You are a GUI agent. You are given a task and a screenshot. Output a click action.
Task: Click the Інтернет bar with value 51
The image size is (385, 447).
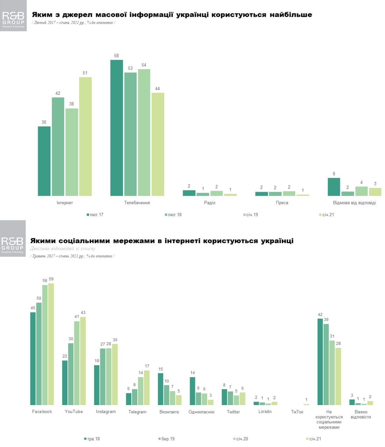point(85,136)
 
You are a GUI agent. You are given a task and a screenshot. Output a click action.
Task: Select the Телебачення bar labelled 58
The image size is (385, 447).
point(117,128)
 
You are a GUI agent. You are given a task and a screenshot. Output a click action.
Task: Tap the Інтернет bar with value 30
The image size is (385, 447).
point(44,161)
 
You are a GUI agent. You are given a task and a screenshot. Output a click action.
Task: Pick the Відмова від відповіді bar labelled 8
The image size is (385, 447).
point(334,187)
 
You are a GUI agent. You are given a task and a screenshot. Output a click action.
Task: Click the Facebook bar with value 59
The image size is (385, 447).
point(51,344)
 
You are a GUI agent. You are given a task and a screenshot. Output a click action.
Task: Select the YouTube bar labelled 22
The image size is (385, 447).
point(65,382)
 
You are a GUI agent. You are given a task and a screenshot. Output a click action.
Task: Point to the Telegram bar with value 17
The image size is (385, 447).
point(147,388)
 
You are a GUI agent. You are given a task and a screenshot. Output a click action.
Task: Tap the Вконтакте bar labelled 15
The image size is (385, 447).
point(161,389)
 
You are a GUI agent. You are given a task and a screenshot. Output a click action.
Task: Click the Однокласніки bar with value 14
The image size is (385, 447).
point(192,391)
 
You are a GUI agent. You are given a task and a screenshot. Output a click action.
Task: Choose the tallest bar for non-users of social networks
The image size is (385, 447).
point(320,362)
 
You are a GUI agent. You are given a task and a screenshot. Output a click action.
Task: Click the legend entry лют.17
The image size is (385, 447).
point(95,215)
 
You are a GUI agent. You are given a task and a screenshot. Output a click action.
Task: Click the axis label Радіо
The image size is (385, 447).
point(210,203)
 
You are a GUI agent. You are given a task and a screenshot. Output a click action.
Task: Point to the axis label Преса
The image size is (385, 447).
point(282,203)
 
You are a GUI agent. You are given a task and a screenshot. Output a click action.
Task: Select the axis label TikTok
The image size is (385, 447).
point(297,412)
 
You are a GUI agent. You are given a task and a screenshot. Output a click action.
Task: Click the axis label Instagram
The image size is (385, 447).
point(106,412)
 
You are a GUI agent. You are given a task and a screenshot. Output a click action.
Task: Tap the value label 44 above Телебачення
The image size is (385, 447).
point(158,89)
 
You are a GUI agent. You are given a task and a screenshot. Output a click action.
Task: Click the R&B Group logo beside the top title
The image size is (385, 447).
point(13,16)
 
